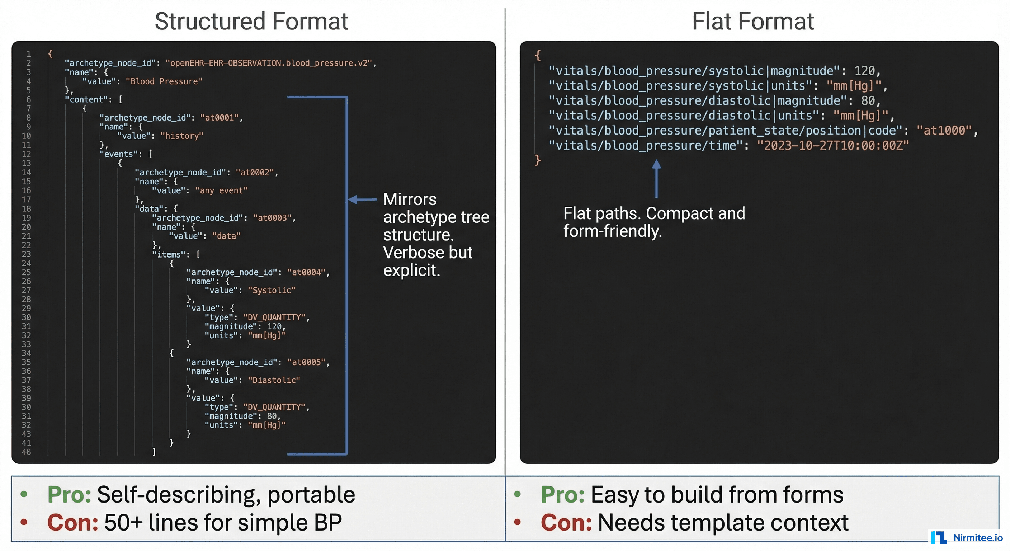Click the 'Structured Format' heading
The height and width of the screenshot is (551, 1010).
(x=251, y=21)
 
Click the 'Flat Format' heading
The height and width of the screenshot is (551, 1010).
(x=752, y=21)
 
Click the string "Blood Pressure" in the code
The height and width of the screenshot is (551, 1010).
(x=164, y=81)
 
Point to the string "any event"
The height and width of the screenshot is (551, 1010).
(x=221, y=190)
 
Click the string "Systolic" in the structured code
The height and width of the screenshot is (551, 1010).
(x=271, y=290)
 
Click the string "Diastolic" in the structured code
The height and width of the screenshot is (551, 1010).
(x=274, y=380)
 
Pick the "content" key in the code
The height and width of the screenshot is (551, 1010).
(x=86, y=100)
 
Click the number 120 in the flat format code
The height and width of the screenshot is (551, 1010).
(x=864, y=71)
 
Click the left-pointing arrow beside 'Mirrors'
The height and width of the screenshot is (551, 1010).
(x=362, y=199)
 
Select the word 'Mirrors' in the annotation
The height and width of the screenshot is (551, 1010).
(x=409, y=199)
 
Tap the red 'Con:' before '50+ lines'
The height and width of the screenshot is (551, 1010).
(x=72, y=523)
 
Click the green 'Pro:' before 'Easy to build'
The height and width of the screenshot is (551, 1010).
(x=562, y=495)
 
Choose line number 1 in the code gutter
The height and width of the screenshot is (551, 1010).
(x=29, y=54)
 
